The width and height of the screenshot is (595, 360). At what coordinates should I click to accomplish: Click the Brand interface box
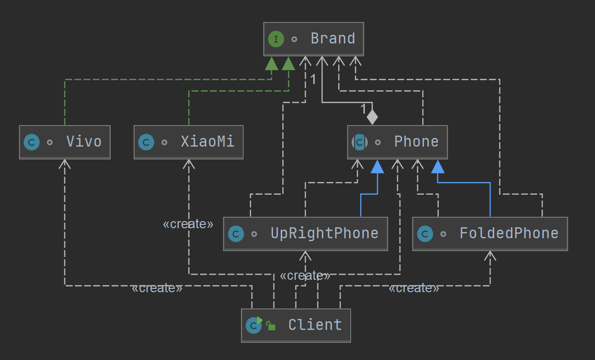coord(314,39)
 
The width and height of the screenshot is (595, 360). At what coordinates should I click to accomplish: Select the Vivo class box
coord(65,142)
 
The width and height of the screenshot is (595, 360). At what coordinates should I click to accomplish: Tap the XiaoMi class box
coord(189,142)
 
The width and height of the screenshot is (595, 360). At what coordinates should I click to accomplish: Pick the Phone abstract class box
coord(397,142)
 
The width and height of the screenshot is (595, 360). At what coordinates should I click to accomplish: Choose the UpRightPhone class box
coord(306,233)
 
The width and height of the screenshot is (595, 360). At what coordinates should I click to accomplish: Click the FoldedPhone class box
coord(490,233)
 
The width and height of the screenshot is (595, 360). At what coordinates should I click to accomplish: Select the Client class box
coord(296,325)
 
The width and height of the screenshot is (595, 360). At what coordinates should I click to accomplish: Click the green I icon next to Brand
coord(276,39)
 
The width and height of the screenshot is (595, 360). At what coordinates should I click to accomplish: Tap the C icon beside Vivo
coord(32,142)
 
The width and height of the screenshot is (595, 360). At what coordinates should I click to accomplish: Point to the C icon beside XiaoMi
coord(146,142)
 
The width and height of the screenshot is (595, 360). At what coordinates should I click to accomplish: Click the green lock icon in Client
coord(271,327)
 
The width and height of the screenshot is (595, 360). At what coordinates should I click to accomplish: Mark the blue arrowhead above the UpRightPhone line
coord(377,166)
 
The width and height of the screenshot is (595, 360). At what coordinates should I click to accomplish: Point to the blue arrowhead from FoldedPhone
coord(438,166)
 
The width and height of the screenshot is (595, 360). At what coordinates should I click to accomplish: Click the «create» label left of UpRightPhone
coord(188,224)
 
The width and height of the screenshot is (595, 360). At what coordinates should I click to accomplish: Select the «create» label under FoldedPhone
coord(414,288)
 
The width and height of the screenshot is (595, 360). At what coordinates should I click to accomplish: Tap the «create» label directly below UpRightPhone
coord(305,276)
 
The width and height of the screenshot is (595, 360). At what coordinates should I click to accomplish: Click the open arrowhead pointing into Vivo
coord(65,164)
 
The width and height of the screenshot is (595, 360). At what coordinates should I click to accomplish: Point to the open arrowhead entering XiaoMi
coord(189,164)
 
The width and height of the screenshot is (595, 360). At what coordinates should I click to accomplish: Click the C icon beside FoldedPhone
coord(425,233)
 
